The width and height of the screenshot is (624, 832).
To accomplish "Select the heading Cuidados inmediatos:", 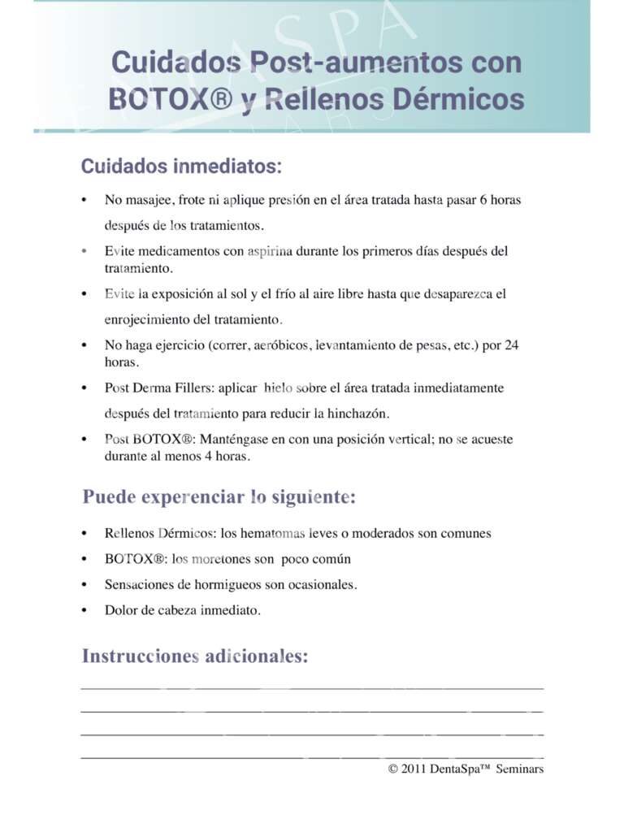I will tap(181, 167).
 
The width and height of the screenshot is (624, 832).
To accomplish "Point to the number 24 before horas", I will tap(511, 345).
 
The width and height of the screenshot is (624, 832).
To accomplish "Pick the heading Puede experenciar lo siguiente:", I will tap(219, 497).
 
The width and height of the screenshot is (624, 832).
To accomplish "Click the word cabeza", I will tap(180, 610).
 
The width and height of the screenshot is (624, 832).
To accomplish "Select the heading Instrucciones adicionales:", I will tap(195, 656).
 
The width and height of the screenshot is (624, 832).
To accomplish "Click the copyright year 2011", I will tap(415, 769).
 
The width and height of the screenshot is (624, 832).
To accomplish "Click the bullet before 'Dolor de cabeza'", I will tap(84, 610).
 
